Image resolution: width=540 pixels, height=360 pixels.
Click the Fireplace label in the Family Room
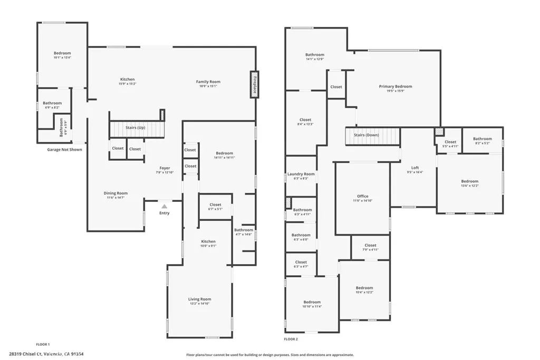click(254, 85)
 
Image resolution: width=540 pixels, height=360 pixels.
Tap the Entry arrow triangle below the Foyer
click(165, 207)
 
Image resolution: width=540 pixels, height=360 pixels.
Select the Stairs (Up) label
click(135, 128)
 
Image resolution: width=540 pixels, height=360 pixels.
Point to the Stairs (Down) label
click(366, 135)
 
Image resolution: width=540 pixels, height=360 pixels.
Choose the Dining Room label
click(115, 193)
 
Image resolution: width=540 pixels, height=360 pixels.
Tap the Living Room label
click(199, 299)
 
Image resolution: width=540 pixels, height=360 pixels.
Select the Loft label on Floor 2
click(415, 168)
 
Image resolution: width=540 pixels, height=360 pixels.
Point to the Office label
click(362, 196)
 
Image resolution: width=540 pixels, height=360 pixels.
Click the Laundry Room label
click(301, 174)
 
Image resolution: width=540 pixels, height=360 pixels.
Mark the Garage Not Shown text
click(64, 149)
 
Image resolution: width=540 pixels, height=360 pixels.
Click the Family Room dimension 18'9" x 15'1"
click(208, 86)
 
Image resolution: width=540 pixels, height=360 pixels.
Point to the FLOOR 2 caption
click(291, 339)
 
